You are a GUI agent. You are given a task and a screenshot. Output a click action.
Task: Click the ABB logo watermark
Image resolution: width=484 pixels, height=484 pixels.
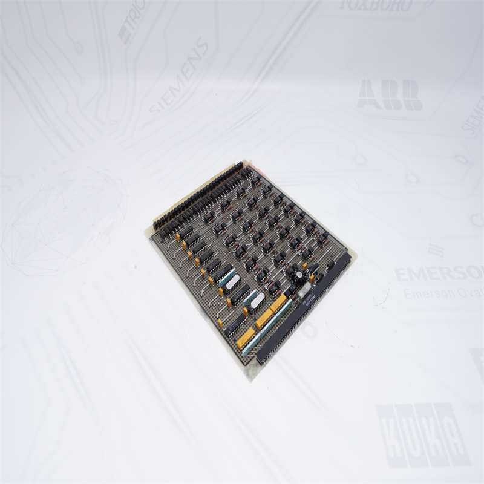coord(390,95)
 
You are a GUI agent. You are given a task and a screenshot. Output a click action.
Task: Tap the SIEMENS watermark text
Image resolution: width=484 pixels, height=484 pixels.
coord(179,76)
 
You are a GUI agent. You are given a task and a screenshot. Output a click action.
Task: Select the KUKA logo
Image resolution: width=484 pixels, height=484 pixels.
coord(423,434)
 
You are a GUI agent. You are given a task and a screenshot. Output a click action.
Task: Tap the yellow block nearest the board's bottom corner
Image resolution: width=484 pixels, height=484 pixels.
coord(245,339)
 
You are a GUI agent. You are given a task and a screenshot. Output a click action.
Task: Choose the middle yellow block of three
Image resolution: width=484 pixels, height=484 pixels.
coord(264,319)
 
